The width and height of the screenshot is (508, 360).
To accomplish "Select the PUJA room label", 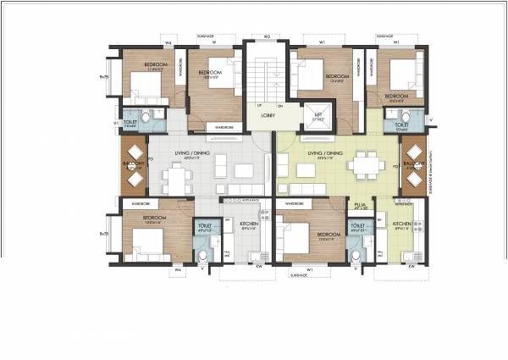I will point(359,204).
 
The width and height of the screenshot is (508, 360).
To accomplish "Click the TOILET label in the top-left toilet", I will point(131,123).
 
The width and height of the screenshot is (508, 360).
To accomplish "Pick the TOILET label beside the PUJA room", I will point(357,226).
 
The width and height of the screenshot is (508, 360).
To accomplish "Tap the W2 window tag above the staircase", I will point(266,36).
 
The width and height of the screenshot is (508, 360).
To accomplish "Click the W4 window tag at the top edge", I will point(168,42).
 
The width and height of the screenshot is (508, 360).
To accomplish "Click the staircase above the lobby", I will point(266,76).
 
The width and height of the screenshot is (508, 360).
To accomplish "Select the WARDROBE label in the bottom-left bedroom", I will point(135,204).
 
